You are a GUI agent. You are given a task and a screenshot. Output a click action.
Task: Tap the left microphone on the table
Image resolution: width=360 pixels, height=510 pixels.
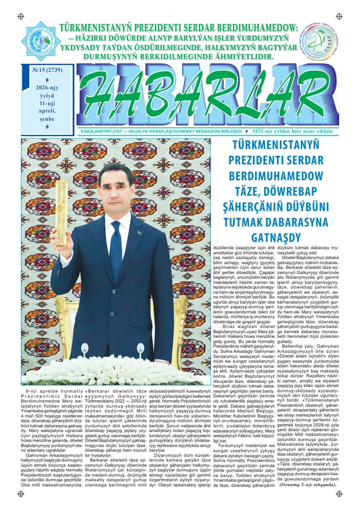point(90,350)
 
